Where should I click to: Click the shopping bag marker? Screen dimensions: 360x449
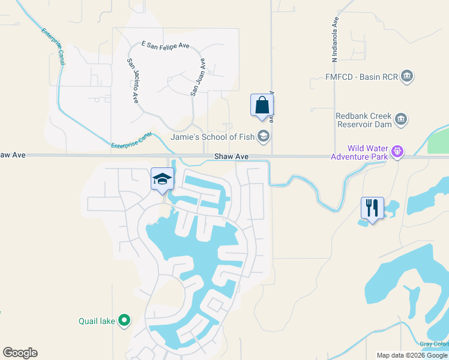[262, 105]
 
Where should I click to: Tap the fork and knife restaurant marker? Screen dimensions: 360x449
[372, 208]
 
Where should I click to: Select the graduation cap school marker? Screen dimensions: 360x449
[162, 179]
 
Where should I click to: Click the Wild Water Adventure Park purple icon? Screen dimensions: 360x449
[396, 152]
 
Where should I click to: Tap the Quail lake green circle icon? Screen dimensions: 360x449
[124, 321]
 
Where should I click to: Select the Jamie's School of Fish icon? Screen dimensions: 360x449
[263, 137]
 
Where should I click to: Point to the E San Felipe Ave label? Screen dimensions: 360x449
[164, 44]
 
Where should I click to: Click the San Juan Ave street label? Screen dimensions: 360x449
[198, 77]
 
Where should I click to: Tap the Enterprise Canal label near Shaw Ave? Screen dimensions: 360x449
[131, 140]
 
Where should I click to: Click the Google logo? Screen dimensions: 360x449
[20, 353]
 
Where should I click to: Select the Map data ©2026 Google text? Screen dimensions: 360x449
[412, 355]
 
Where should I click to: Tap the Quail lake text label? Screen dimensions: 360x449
[97, 321]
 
